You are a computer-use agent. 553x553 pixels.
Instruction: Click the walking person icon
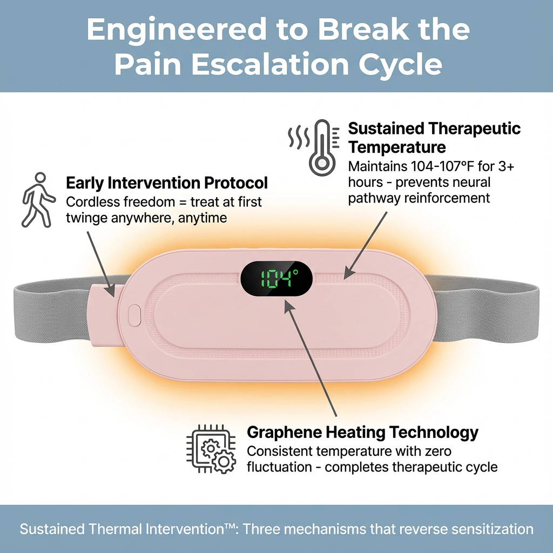(38, 199)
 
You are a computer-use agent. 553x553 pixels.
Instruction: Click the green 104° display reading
(276, 279)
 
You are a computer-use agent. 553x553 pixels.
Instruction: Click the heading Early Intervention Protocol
(167, 183)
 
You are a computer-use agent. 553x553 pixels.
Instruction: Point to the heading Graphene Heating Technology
(362, 433)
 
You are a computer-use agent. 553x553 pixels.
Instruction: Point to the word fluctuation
(281, 467)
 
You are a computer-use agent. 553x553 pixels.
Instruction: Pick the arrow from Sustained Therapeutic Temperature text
(367, 243)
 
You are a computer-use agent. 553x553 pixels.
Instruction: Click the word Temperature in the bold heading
(397, 147)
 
